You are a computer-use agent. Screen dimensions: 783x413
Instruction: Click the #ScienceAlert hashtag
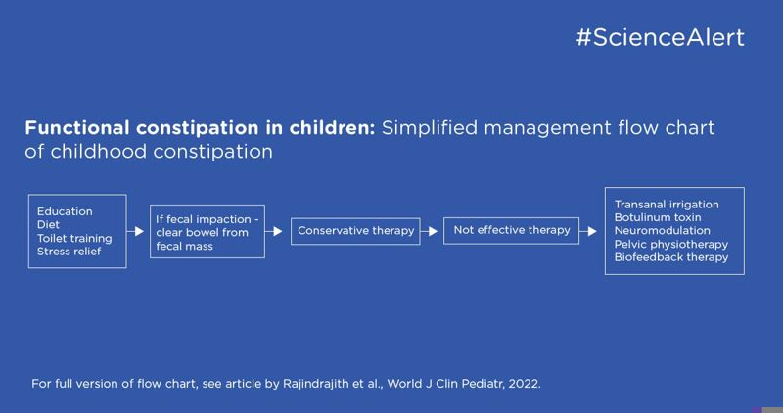[660, 37]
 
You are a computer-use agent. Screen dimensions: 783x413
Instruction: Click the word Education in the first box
[65, 211]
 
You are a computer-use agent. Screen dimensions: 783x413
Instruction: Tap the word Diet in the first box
[48, 225]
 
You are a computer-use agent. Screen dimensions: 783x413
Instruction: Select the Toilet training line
[74, 238]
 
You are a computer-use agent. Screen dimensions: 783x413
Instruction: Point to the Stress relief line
[69, 252]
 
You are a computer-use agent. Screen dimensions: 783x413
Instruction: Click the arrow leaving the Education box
[135, 231]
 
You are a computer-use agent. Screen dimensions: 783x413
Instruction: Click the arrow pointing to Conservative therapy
[274, 231]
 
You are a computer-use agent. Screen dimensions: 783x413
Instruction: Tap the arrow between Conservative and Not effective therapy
[429, 231]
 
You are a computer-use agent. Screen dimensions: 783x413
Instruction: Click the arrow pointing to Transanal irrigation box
[588, 231]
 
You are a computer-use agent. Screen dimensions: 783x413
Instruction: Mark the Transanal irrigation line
[667, 205]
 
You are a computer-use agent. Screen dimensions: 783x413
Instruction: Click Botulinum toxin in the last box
[658, 217]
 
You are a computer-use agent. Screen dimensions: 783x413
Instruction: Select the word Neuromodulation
[663, 230]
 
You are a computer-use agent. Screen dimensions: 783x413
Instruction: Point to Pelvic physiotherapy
[671, 245]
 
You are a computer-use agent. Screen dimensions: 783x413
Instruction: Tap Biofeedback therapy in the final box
[671, 257]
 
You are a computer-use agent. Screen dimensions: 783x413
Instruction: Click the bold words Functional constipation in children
[200, 128]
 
